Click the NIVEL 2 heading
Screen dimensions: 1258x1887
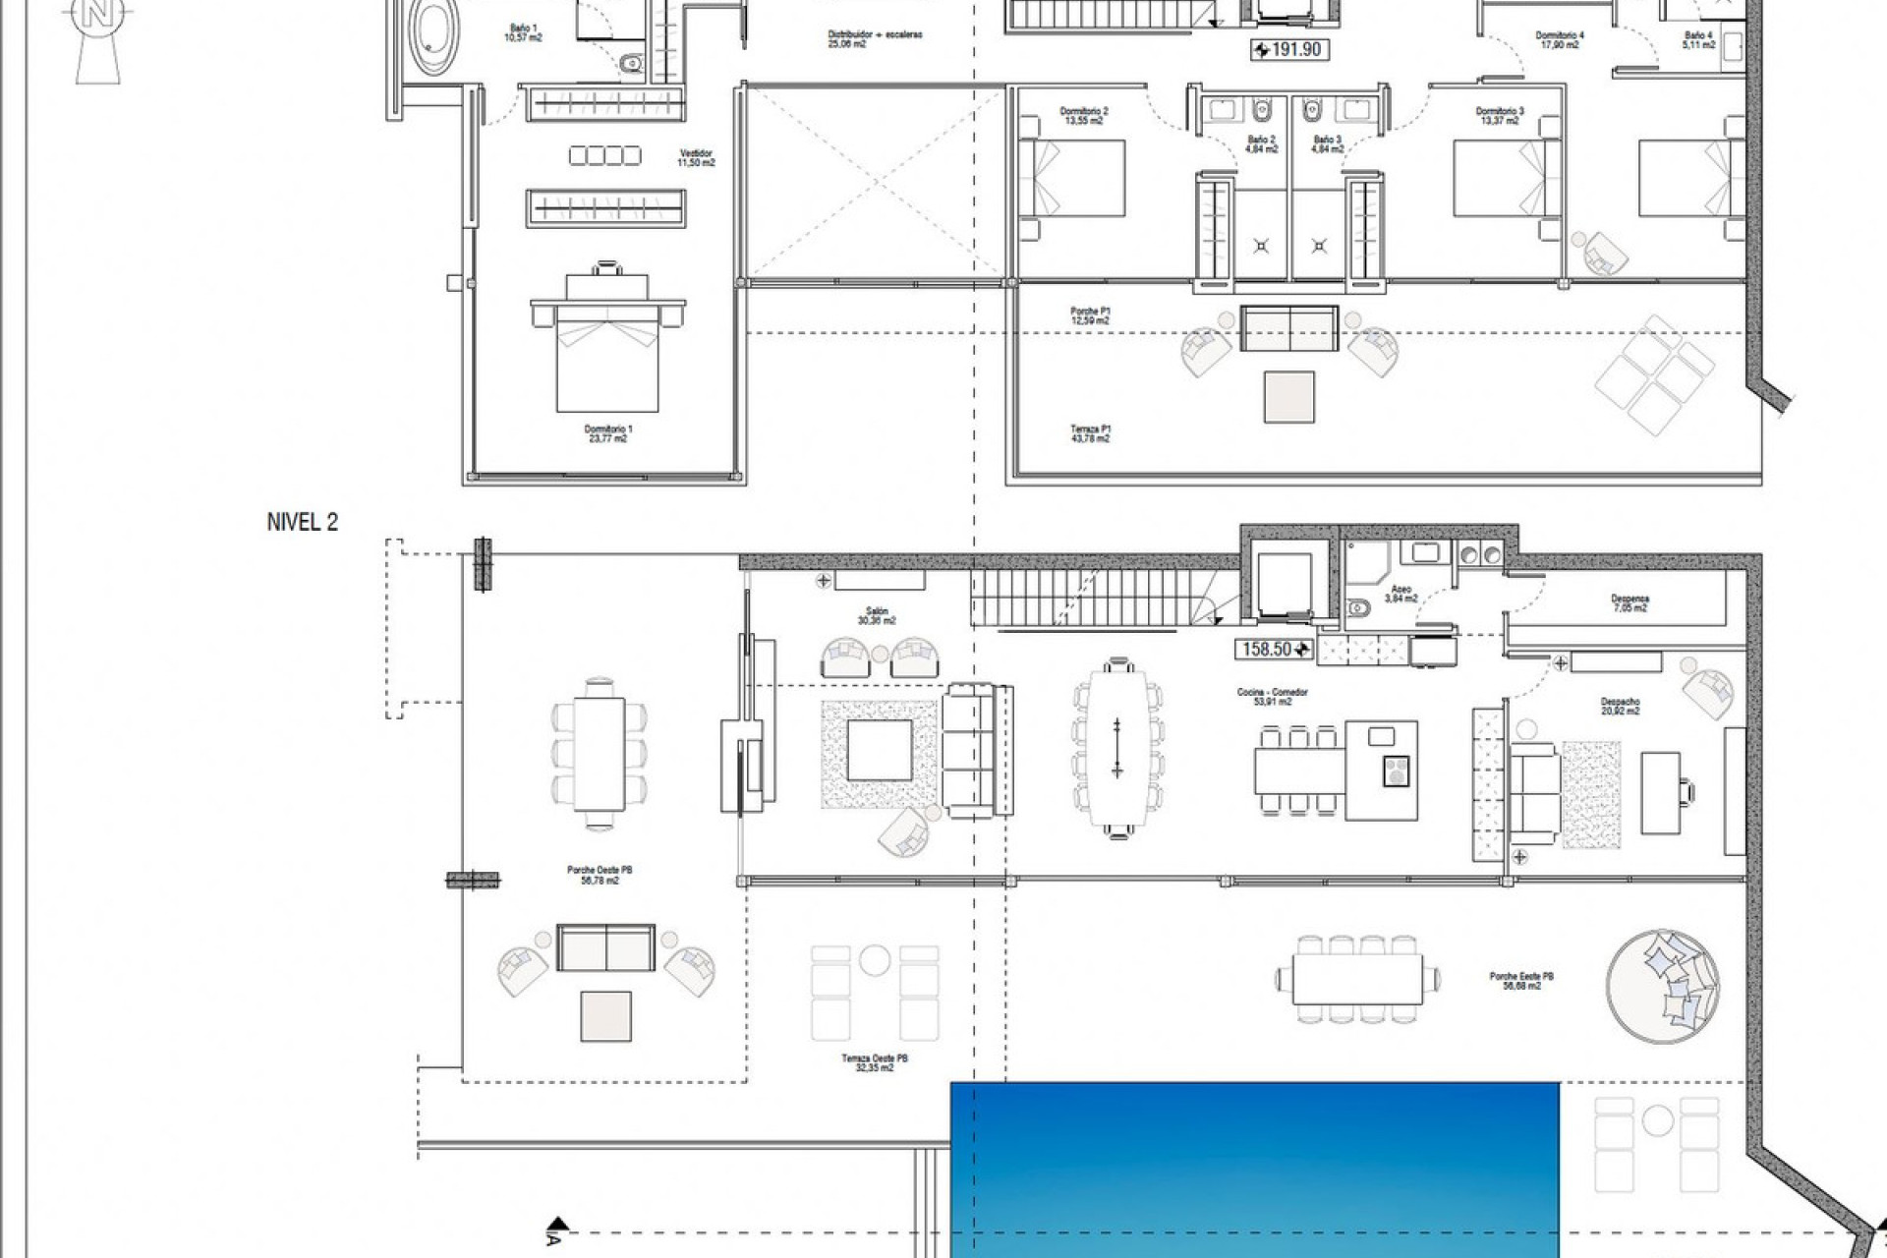[302, 523]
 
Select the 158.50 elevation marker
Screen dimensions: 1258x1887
[1275, 650]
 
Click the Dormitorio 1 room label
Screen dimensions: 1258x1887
[607, 433]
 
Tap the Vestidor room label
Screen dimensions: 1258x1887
[696, 157]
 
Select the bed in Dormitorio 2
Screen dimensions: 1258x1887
[1072, 178]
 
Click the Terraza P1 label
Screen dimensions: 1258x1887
[1090, 433]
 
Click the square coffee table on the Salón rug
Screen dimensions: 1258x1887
[880, 753]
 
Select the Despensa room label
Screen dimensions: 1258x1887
[1630, 602]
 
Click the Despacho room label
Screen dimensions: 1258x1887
[1619, 706]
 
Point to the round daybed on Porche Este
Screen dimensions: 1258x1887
[1664, 986]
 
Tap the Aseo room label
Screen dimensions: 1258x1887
[1400, 593]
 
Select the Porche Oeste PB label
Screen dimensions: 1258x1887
[592, 875]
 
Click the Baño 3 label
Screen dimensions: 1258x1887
[1327, 144]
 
